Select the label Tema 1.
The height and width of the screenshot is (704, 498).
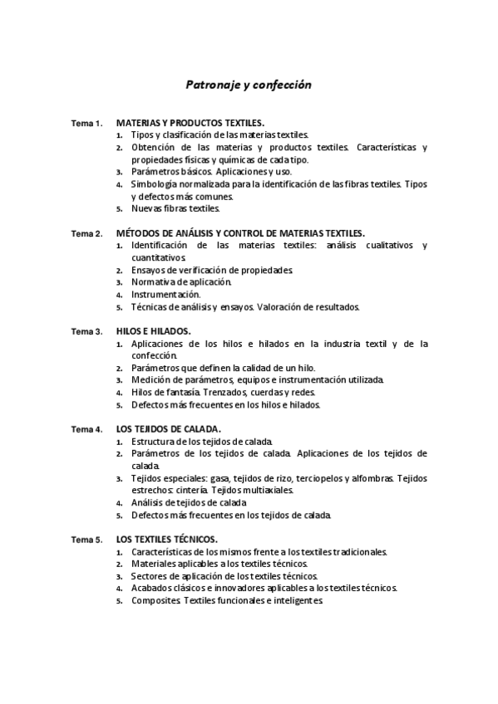pos(86,123)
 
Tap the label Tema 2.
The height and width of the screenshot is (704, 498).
pos(86,233)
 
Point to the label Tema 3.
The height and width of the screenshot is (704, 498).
pos(86,331)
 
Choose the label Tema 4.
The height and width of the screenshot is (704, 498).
pos(86,429)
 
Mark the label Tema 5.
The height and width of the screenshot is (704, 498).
pos(86,540)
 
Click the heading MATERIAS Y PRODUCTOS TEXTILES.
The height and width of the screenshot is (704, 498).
pos(190,122)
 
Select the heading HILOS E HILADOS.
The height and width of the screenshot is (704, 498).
pos(153,331)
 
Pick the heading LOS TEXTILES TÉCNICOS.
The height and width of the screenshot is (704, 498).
pos(167,540)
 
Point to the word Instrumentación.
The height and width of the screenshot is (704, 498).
pos(166,294)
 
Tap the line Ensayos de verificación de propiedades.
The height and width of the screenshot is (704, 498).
pos(212,270)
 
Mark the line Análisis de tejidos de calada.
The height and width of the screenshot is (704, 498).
pos(188,502)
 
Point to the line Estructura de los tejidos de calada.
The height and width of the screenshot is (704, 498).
pos(202,442)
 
